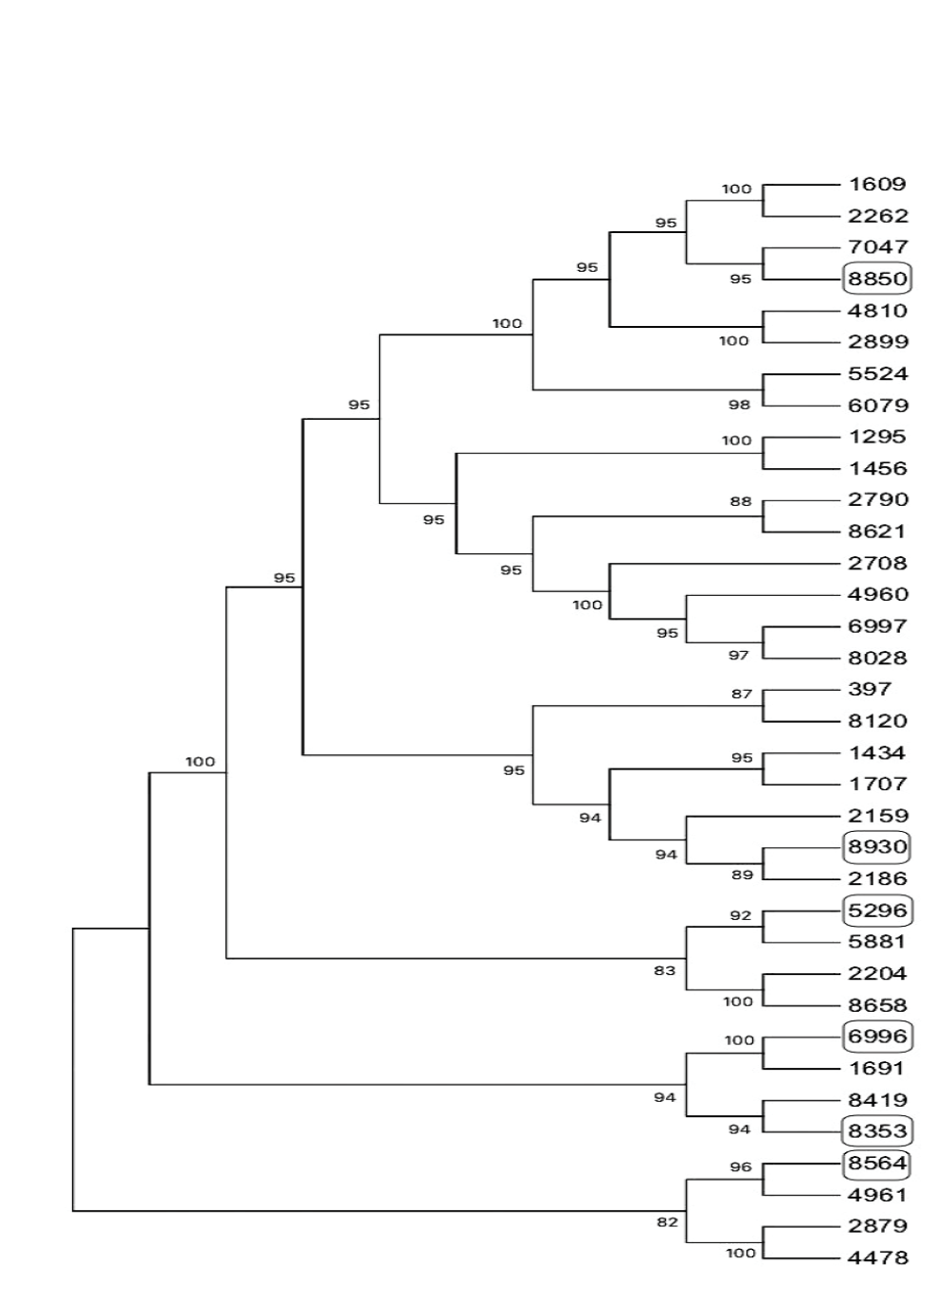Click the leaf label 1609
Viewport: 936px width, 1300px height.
pyautogui.click(x=877, y=184)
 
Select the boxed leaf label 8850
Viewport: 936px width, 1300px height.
pyautogui.click(x=877, y=279)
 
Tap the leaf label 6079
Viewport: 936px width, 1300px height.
pyautogui.click(x=877, y=406)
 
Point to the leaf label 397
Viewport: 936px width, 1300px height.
pyautogui.click(x=870, y=689)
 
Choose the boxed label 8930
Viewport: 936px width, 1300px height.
pyautogui.click(x=877, y=846)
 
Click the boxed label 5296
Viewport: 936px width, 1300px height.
pyautogui.click(x=877, y=911)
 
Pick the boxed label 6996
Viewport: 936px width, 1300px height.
pyautogui.click(x=877, y=1036)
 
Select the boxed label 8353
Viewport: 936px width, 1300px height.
pyautogui.click(x=877, y=1130)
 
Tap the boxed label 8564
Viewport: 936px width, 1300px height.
pyautogui.click(x=877, y=1163)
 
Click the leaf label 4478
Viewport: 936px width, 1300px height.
pyautogui.click(x=877, y=1258)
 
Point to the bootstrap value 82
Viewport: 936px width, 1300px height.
pyautogui.click(x=667, y=1222)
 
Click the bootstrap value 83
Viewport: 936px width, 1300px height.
pyautogui.click(x=664, y=970)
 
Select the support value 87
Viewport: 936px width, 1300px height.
pyautogui.click(x=741, y=694)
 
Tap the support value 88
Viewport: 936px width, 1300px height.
pyautogui.click(x=741, y=501)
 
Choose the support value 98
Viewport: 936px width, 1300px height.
pyautogui.click(x=739, y=405)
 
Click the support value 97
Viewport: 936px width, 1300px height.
pyautogui.click(x=739, y=655)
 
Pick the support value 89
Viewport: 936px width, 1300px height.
pyautogui.click(x=742, y=875)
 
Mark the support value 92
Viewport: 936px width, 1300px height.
pyautogui.click(x=740, y=915)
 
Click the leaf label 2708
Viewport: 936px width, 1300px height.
pyautogui.click(x=877, y=563)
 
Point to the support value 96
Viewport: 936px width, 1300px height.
pyautogui.click(x=741, y=1167)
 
